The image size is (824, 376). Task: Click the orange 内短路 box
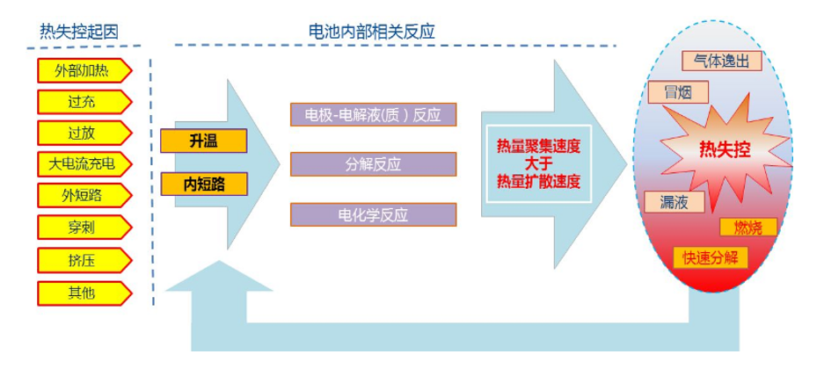pyautogui.click(x=204, y=184)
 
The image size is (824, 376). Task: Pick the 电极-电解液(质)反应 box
pyautogui.click(x=373, y=115)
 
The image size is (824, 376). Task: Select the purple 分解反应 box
pyautogui.click(x=373, y=163)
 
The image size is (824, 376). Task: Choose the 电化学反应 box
pyautogui.click(x=373, y=213)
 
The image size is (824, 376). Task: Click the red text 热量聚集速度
pyautogui.click(x=539, y=145)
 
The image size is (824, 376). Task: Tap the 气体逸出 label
pyautogui.click(x=719, y=60)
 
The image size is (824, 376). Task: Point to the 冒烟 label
pyautogui.click(x=669, y=91)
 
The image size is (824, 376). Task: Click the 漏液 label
pyautogui.click(x=675, y=202)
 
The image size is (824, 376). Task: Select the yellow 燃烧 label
pyautogui.click(x=748, y=227)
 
